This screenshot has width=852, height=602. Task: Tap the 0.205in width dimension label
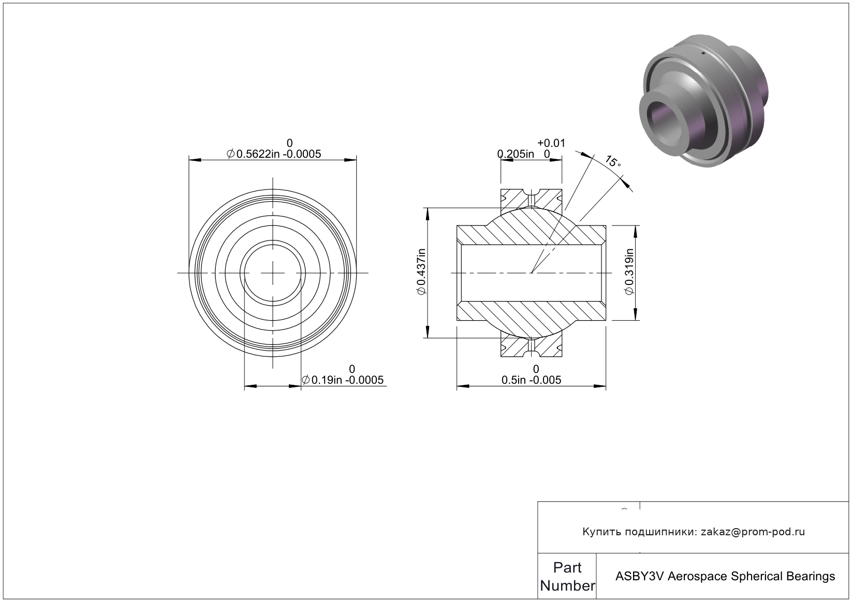[516, 154]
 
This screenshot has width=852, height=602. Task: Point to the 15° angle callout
[613, 161]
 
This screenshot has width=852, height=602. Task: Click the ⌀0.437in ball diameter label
[421, 272]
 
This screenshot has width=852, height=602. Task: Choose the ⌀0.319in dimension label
[629, 272]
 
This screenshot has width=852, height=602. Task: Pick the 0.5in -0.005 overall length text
[532, 380]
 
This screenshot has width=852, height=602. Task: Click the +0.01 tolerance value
[551, 143]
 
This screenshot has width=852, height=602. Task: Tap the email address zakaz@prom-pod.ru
[753, 532]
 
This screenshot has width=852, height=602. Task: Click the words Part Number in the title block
[567, 577]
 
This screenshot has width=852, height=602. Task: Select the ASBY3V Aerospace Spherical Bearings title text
[725, 577]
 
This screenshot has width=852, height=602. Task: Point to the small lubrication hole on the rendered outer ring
[703, 53]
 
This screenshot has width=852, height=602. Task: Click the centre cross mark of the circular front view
[273, 273]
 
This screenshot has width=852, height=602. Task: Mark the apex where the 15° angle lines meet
[531, 273]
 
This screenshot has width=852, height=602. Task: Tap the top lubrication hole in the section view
[532, 198]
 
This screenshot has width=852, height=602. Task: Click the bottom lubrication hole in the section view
[532, 348]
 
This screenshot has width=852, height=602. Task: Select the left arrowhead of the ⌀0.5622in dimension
[195, 160]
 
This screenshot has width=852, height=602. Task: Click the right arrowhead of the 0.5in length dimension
[600, 386]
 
